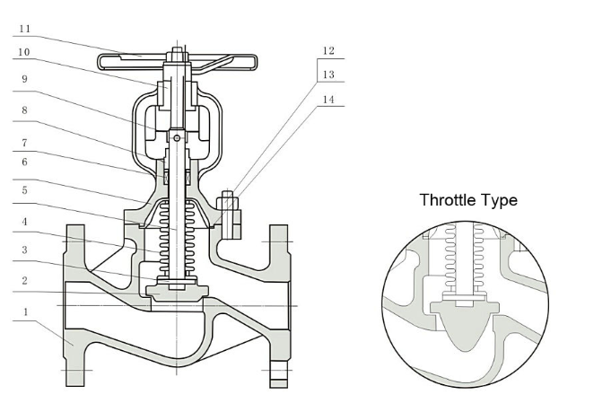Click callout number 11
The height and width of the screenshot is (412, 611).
[x=24, y=29]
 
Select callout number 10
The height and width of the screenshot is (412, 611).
[x=23, y=52]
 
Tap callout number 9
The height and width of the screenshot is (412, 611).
[x=24, y=79]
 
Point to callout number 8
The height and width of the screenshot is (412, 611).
[x=24, y=110]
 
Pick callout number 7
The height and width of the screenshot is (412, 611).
[x=24, y=143]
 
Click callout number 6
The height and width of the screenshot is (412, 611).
[x=24, y=162]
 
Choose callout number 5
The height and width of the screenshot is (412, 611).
[x=24, y=190]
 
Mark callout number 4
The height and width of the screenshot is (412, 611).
[x=24, y=222]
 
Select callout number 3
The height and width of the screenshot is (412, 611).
[x=24, y=250]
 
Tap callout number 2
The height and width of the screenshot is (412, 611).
[x=24, y=281]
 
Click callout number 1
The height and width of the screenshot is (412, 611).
[x=26, y=311]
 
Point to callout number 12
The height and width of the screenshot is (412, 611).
[x=328, y=50]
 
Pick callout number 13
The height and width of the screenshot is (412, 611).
[x=328, y=75]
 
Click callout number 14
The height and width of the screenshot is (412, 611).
[x=328, y=100]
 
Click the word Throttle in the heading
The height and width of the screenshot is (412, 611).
[x=448, y=200]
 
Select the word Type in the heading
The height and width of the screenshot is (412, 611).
[x=500, y=201]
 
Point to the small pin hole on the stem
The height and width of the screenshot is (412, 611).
[x=177, y=137]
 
